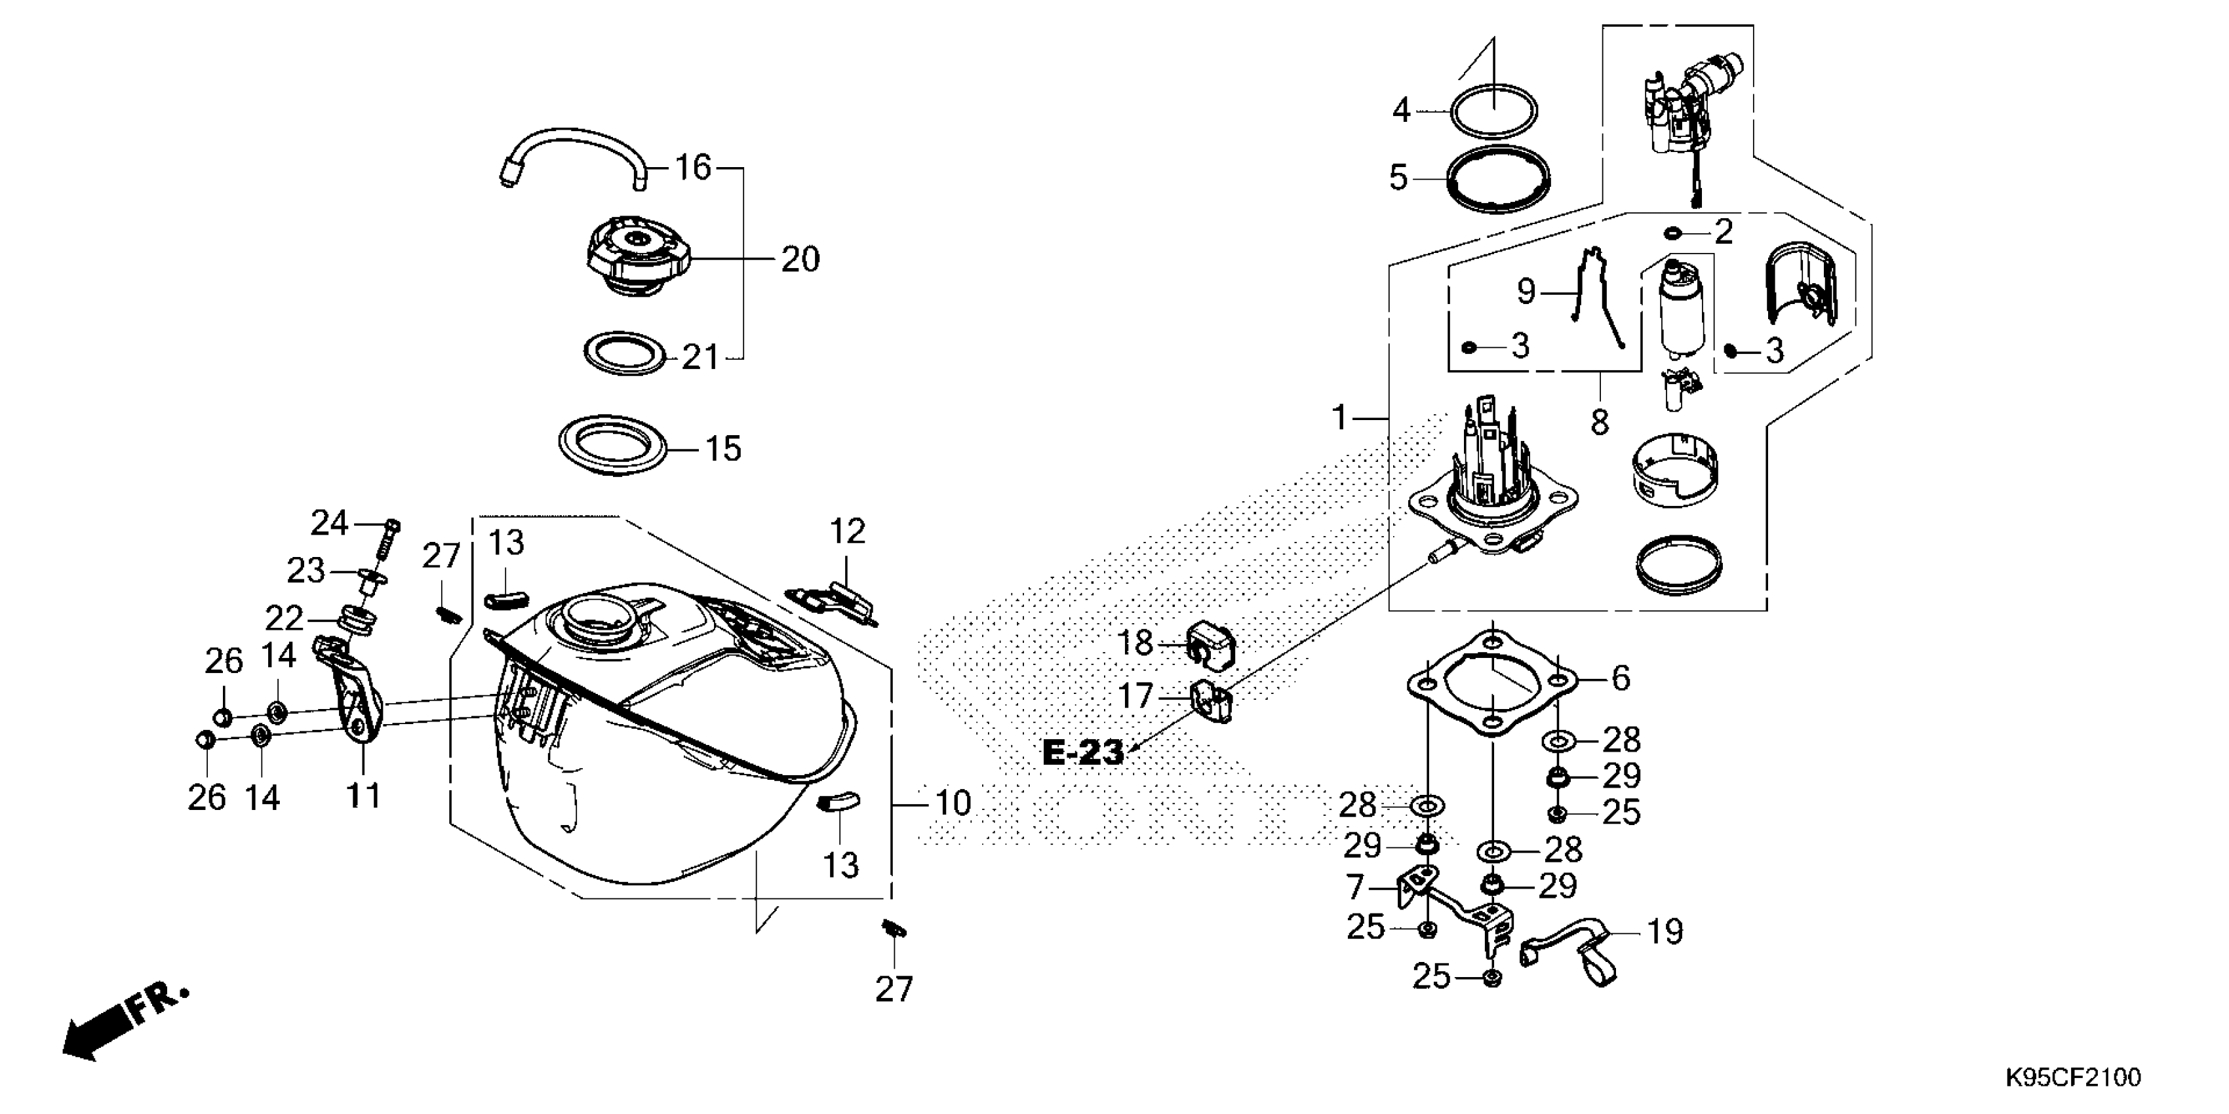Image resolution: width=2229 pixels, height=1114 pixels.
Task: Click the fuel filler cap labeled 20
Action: click(639, 255)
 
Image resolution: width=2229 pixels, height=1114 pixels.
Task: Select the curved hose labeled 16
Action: click(571, 144)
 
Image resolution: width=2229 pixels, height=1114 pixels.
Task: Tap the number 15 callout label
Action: click(723, 449)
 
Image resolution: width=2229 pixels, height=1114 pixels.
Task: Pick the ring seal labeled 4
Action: click(1495, 111)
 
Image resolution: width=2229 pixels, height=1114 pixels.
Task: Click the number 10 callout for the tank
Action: click(953, 803)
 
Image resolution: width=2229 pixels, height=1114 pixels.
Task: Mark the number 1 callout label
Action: click(1339, 419)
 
